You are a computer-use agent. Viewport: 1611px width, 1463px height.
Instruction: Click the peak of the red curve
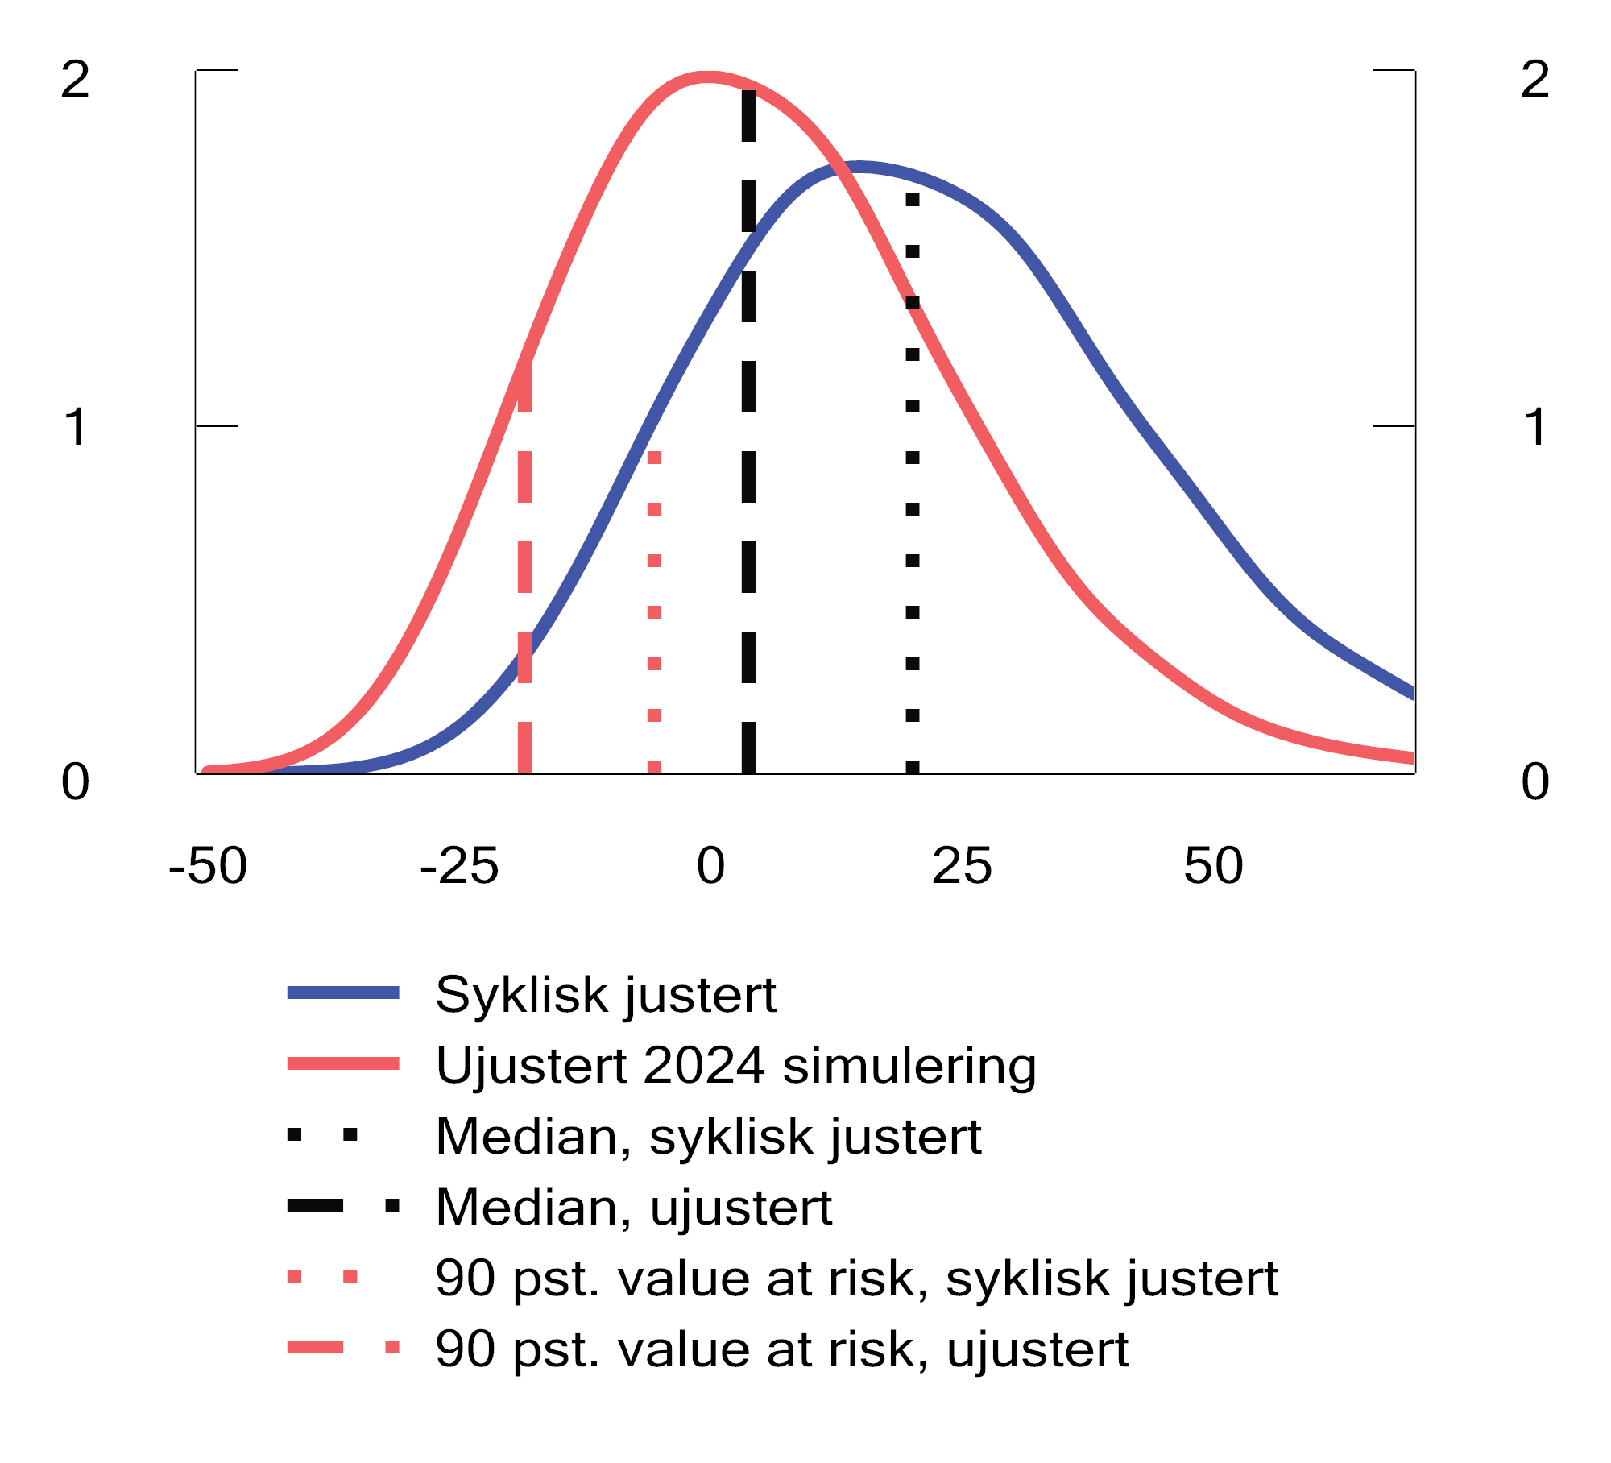click(x=707, y=77)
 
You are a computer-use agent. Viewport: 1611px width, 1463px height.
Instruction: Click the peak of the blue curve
click(x=860, y=168)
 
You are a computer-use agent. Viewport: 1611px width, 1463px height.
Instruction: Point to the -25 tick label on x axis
click(x=459, y=867)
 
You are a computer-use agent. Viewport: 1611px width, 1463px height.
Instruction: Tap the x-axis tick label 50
click(x=1213, y=867)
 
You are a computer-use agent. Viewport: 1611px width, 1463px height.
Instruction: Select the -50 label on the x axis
click(x=208, y=867)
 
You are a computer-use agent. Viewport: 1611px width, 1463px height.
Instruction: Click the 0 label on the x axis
click(x=710, y=867)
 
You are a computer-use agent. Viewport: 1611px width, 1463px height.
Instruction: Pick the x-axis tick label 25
click(x=962, y=867)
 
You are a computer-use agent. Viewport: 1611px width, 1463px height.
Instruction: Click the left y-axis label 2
click(x=75, y=80)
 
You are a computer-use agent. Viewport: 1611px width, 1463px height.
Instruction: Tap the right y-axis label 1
click(x=1535, y=427)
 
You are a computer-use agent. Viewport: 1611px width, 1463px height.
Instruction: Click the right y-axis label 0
click(x=1535, y=782)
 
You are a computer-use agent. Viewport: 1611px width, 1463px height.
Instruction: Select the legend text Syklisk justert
click(x=606, y=994)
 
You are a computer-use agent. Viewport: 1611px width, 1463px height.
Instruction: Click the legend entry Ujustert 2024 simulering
click(x=735, y=1065)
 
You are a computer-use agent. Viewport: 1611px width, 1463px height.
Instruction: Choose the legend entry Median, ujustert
click(x=633, y=1207)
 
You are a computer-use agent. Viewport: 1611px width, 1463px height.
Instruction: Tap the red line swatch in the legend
click(x=343, y=1064)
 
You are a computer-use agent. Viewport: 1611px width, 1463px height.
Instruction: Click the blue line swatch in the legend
click(x=343, y=993)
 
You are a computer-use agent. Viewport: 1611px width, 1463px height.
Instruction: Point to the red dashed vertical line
click(x=524, y=564)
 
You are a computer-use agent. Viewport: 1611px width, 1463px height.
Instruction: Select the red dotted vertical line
click(x=654, y=612)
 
